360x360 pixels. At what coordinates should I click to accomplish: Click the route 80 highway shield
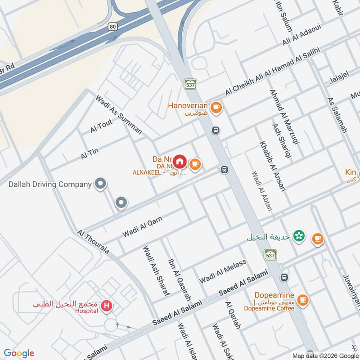click(112, 27)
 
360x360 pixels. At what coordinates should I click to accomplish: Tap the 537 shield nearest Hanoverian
click(190, 84)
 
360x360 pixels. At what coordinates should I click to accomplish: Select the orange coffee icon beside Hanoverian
click(216, 107)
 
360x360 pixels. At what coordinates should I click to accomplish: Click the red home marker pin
click(180, 161)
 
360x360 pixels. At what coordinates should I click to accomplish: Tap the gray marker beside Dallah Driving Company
click(100, 184)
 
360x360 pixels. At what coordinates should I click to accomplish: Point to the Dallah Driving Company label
click(50, 184)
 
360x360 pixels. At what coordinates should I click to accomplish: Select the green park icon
click(298, 235)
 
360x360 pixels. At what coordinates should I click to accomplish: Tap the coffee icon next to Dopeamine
click(303, 299)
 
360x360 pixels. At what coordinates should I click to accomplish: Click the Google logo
click(18, 353)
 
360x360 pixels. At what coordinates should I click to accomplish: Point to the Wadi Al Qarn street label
click(142, 227)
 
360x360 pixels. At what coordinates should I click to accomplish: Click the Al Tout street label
click(101, 126)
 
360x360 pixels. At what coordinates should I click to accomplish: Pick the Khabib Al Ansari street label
click(273, 166)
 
